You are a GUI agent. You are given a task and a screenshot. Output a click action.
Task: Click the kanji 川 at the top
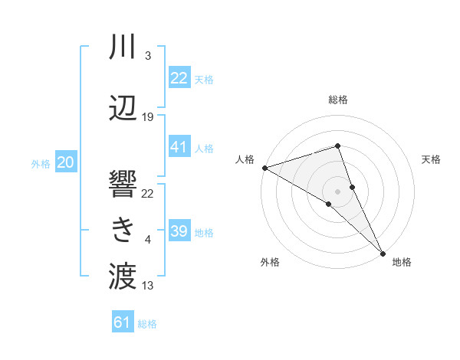pos(123,47)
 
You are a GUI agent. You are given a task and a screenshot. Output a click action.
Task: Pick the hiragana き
pos(123,229)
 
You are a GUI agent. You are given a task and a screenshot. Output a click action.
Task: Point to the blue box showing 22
pos(179,78)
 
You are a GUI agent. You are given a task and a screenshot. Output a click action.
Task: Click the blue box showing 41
pos(179,147)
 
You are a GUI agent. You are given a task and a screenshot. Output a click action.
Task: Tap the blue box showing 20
pos(66,162)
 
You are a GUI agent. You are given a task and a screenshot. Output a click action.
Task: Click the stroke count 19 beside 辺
pos(148,116)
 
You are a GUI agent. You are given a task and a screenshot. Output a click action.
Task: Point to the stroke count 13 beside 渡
pos(148,286)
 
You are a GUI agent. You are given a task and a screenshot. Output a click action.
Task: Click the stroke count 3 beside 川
pos(147,56)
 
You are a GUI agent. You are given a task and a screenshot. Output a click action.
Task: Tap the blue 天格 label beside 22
pos(204,80)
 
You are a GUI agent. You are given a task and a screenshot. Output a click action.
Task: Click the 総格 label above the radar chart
pos(338,100)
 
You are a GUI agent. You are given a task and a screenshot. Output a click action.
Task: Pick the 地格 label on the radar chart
pos(402,262)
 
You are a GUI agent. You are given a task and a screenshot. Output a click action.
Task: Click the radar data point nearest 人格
pos(264,168)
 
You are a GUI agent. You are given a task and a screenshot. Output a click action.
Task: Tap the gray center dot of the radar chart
pos(337,189)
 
